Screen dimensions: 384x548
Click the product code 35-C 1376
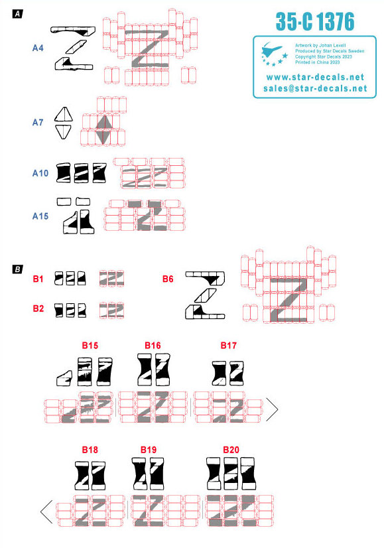(315, 22)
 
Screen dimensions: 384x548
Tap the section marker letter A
(18, 14)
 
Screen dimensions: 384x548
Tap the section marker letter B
(18, 269)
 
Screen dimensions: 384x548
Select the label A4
(38, 48)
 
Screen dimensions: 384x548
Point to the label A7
(38, 122)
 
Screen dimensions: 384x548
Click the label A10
(40, 173)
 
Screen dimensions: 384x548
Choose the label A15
(40, 216)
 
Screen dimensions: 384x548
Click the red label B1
(38, 279)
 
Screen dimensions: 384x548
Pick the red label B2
(38, 308)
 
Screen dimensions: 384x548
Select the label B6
(168, 279)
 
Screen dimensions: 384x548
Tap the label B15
(90, 345)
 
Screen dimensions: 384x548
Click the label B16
(153, 345)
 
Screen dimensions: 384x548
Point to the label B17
(229, 345)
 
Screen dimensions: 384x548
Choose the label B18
(90, 449)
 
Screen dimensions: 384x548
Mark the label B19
(149, 449)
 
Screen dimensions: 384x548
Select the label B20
(231, 449)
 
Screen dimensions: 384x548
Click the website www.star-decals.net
(315, 77)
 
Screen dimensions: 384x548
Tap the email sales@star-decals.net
(315, 88)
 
